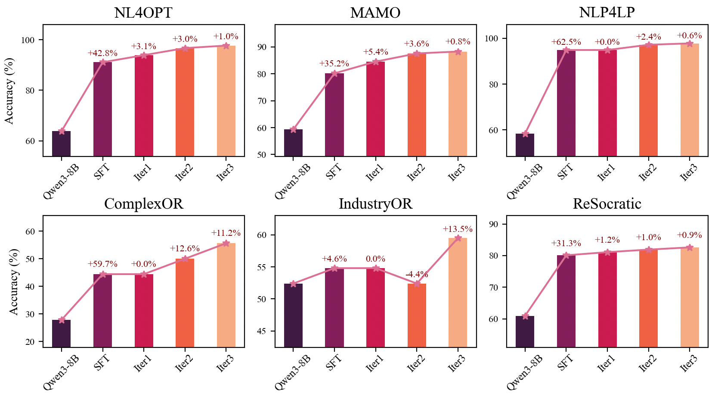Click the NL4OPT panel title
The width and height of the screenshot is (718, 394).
[x=143, y=13]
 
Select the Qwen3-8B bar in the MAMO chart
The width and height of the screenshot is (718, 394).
[x=293, y=143]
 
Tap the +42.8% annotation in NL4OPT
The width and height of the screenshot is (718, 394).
[x=102, y=53]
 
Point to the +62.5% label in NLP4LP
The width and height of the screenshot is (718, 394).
[x=566, y=42]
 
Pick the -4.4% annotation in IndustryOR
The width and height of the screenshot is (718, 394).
[x=417, y=275]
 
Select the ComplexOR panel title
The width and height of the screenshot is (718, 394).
[x=143, y=203]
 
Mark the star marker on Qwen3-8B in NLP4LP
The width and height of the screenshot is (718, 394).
[x=525, y=134]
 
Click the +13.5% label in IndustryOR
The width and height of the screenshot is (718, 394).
[x=458, y=229]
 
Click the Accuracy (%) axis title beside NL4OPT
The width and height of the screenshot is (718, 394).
[x=9, y=91]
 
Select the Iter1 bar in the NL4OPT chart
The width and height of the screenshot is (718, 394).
[x=144, y=106]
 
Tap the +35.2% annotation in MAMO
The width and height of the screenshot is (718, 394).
[x=334, y=64]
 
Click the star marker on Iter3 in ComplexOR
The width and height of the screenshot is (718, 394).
[x=226, y=244]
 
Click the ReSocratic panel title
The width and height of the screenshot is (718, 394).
[x=607, y=203]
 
